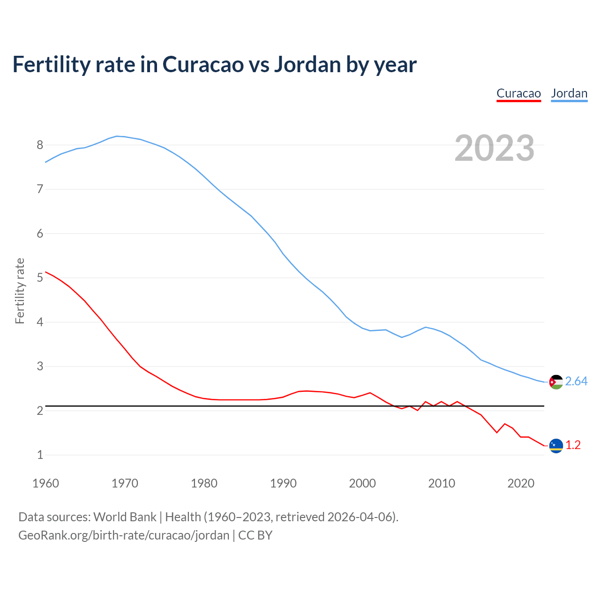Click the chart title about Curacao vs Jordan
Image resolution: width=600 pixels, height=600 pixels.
tap(214, 65)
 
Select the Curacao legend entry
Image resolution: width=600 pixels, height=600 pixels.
tap(518, 93)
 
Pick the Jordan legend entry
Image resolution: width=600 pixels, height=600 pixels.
tap(569, 93)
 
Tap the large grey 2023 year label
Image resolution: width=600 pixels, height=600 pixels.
tap(495, 148)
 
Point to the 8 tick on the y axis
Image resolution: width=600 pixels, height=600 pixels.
tap(40, 145)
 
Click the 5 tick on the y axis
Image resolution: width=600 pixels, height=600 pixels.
tap(40, 278)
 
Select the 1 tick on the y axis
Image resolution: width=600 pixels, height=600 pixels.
tap(40, 455)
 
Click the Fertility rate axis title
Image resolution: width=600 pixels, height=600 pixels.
tap(20, 291)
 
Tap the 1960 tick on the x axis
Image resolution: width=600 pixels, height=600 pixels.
tap(45, 483)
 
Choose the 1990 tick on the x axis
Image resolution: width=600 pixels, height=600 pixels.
tap(283, 483)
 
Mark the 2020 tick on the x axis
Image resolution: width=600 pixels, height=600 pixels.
tap(521, 483)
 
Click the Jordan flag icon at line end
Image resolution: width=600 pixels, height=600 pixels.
tap(556, 382)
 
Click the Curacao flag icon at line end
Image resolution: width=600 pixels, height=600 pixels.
tap(556, 446)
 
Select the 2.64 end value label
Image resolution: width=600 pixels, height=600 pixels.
tap(576, 382)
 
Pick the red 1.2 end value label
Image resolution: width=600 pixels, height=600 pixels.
tap(573, 445)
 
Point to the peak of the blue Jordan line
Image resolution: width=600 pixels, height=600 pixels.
tap(117, 136)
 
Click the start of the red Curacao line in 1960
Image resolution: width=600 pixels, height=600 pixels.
tap(46, 272)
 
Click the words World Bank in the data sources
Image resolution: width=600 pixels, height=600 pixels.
tap(125, 517)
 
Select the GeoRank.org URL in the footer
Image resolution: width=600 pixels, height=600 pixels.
tap(124, 535)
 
